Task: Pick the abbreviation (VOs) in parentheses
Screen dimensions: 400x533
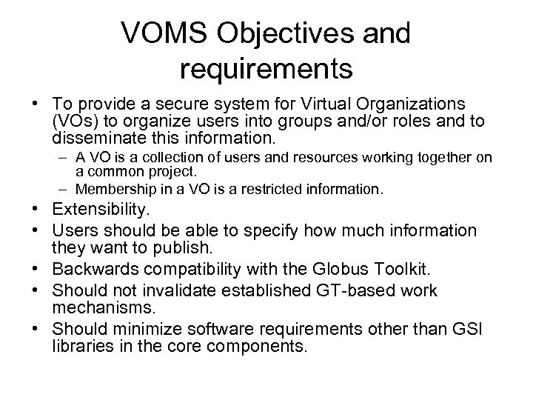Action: click(73, 121)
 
